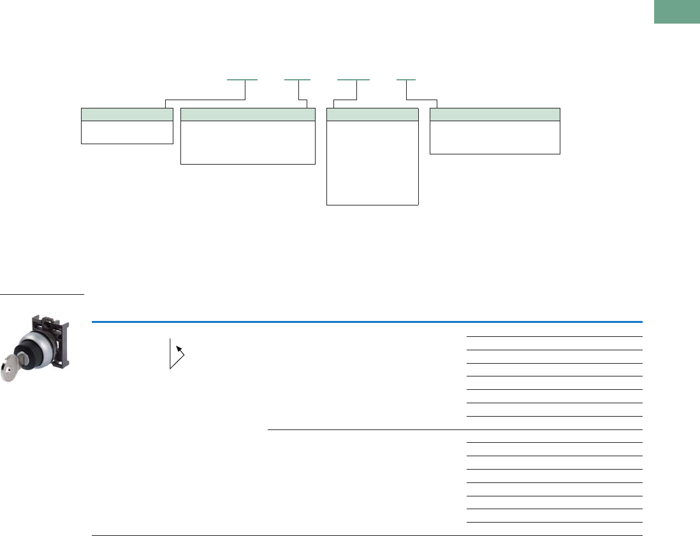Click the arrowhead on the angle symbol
tap(179, 349)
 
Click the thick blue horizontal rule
tap(367, 322)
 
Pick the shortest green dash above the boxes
tap(405, 80)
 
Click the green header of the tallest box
tap(372, 114)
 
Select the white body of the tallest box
tap(372, 162)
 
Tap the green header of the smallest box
tap(128, 114)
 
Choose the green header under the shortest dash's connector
tap(495, 114)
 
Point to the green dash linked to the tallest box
tap(353, 80)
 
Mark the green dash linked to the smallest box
tap(242, 80)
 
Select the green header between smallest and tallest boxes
tap(248, 114)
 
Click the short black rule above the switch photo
tap(42, 295)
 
